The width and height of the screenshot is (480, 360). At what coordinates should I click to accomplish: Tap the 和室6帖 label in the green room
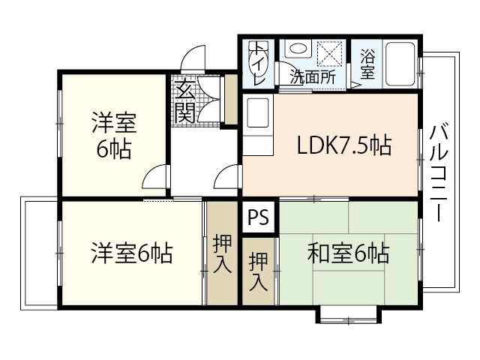[x=347, y=254]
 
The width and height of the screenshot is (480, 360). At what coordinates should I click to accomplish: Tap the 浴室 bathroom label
[x=367, y=64]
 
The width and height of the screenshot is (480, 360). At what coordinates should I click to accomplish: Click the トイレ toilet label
[x=258, y=63]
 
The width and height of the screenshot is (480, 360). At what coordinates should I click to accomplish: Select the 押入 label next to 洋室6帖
[x=222, y=253]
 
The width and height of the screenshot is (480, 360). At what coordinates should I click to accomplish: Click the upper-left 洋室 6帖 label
[x=112, y=135]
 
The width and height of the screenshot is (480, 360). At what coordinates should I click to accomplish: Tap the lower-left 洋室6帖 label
[x=132, y=253]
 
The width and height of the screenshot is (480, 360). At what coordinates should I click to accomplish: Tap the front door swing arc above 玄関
[x=193, y=58]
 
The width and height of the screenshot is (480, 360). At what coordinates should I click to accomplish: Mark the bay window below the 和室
[x=347, y=313]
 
